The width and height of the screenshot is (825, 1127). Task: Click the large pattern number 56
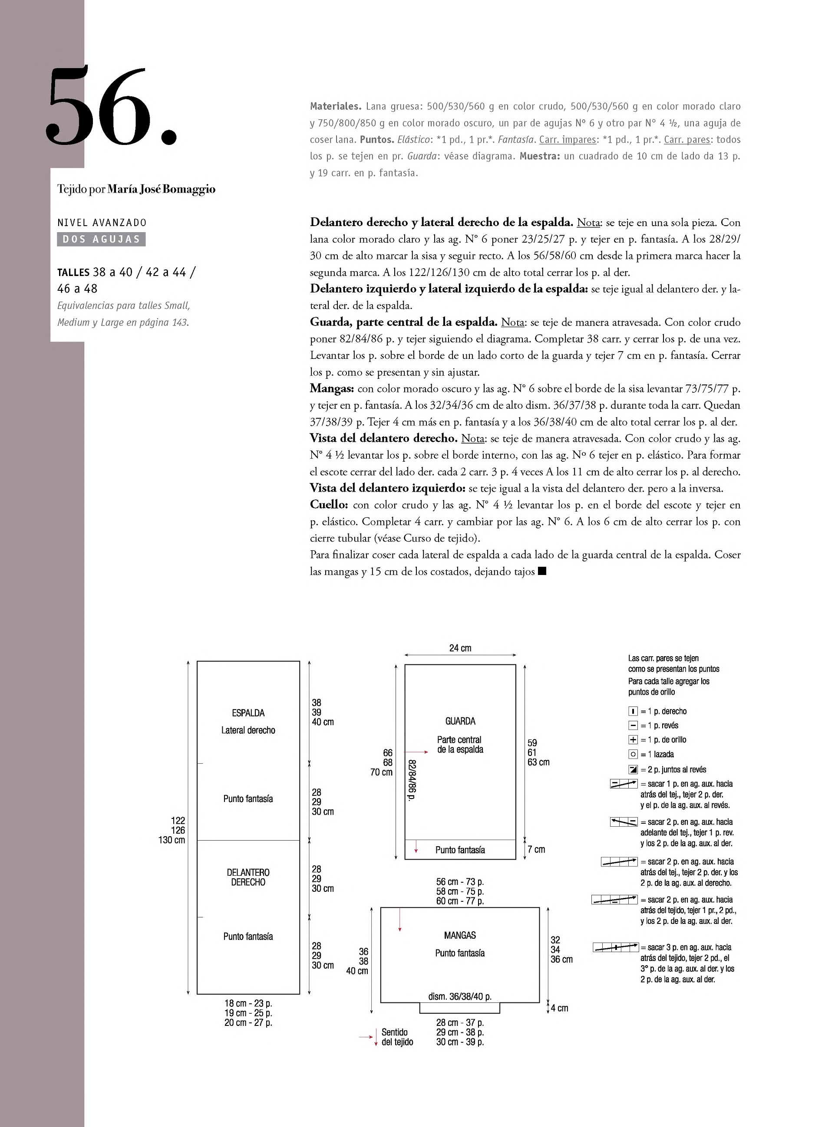(111, 107)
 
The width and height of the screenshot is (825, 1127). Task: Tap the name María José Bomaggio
(161, 189)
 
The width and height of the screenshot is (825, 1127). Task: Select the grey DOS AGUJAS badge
(101, 239)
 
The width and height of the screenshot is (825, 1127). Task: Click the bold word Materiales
(336, 106)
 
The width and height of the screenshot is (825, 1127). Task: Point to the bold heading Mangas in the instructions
(332, 388)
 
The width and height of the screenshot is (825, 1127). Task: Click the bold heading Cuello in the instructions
(329, 505)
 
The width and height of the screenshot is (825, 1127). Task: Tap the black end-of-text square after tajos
(542, 572)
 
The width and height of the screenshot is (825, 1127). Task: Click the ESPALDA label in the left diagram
(248, 713)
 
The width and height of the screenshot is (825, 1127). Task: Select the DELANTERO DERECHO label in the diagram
(248, 877)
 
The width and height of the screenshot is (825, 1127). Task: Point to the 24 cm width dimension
(460, 648)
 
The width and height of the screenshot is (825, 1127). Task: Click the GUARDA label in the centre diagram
(460, 721)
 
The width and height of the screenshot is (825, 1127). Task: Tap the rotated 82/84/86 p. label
(412, 780)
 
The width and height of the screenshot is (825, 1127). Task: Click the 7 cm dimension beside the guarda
(536, 849)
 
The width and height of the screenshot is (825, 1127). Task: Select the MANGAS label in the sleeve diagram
(460, 935)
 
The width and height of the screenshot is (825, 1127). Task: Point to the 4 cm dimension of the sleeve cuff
(559, 1008)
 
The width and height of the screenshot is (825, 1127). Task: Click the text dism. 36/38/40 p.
(460, 996)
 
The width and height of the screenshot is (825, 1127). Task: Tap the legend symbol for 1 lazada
(633, 754)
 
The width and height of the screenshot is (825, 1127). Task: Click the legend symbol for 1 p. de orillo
(633, 739)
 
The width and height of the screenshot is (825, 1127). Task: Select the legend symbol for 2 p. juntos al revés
(633, 769)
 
